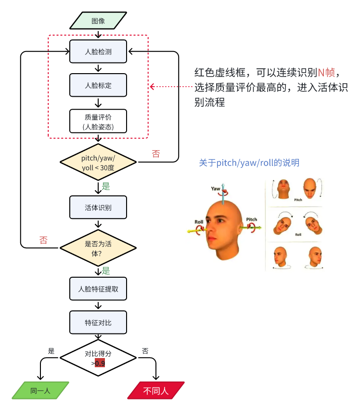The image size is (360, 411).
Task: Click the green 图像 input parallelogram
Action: [98, 21]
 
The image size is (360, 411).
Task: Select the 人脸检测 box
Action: [98, 51]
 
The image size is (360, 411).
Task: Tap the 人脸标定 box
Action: [98, 85]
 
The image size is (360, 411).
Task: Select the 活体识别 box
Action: [98, 207]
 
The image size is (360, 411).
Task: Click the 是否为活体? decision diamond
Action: [98, 248]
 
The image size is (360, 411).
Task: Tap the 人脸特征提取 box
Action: [98, 289]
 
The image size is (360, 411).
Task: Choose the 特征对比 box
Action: [98, 322]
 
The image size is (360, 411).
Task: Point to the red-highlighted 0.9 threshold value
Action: [100, 363]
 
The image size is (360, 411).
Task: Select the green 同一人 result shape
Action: [40, 391]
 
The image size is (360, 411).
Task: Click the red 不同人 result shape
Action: [156, 391]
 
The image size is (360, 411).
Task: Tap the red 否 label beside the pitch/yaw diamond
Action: [156, 154]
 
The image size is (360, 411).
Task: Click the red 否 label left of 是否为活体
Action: [43, 240]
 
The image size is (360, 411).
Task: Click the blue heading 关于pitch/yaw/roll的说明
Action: [249, 163]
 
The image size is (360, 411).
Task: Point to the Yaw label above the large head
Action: [216, 189]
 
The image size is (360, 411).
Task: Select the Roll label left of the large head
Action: [199, 222]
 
